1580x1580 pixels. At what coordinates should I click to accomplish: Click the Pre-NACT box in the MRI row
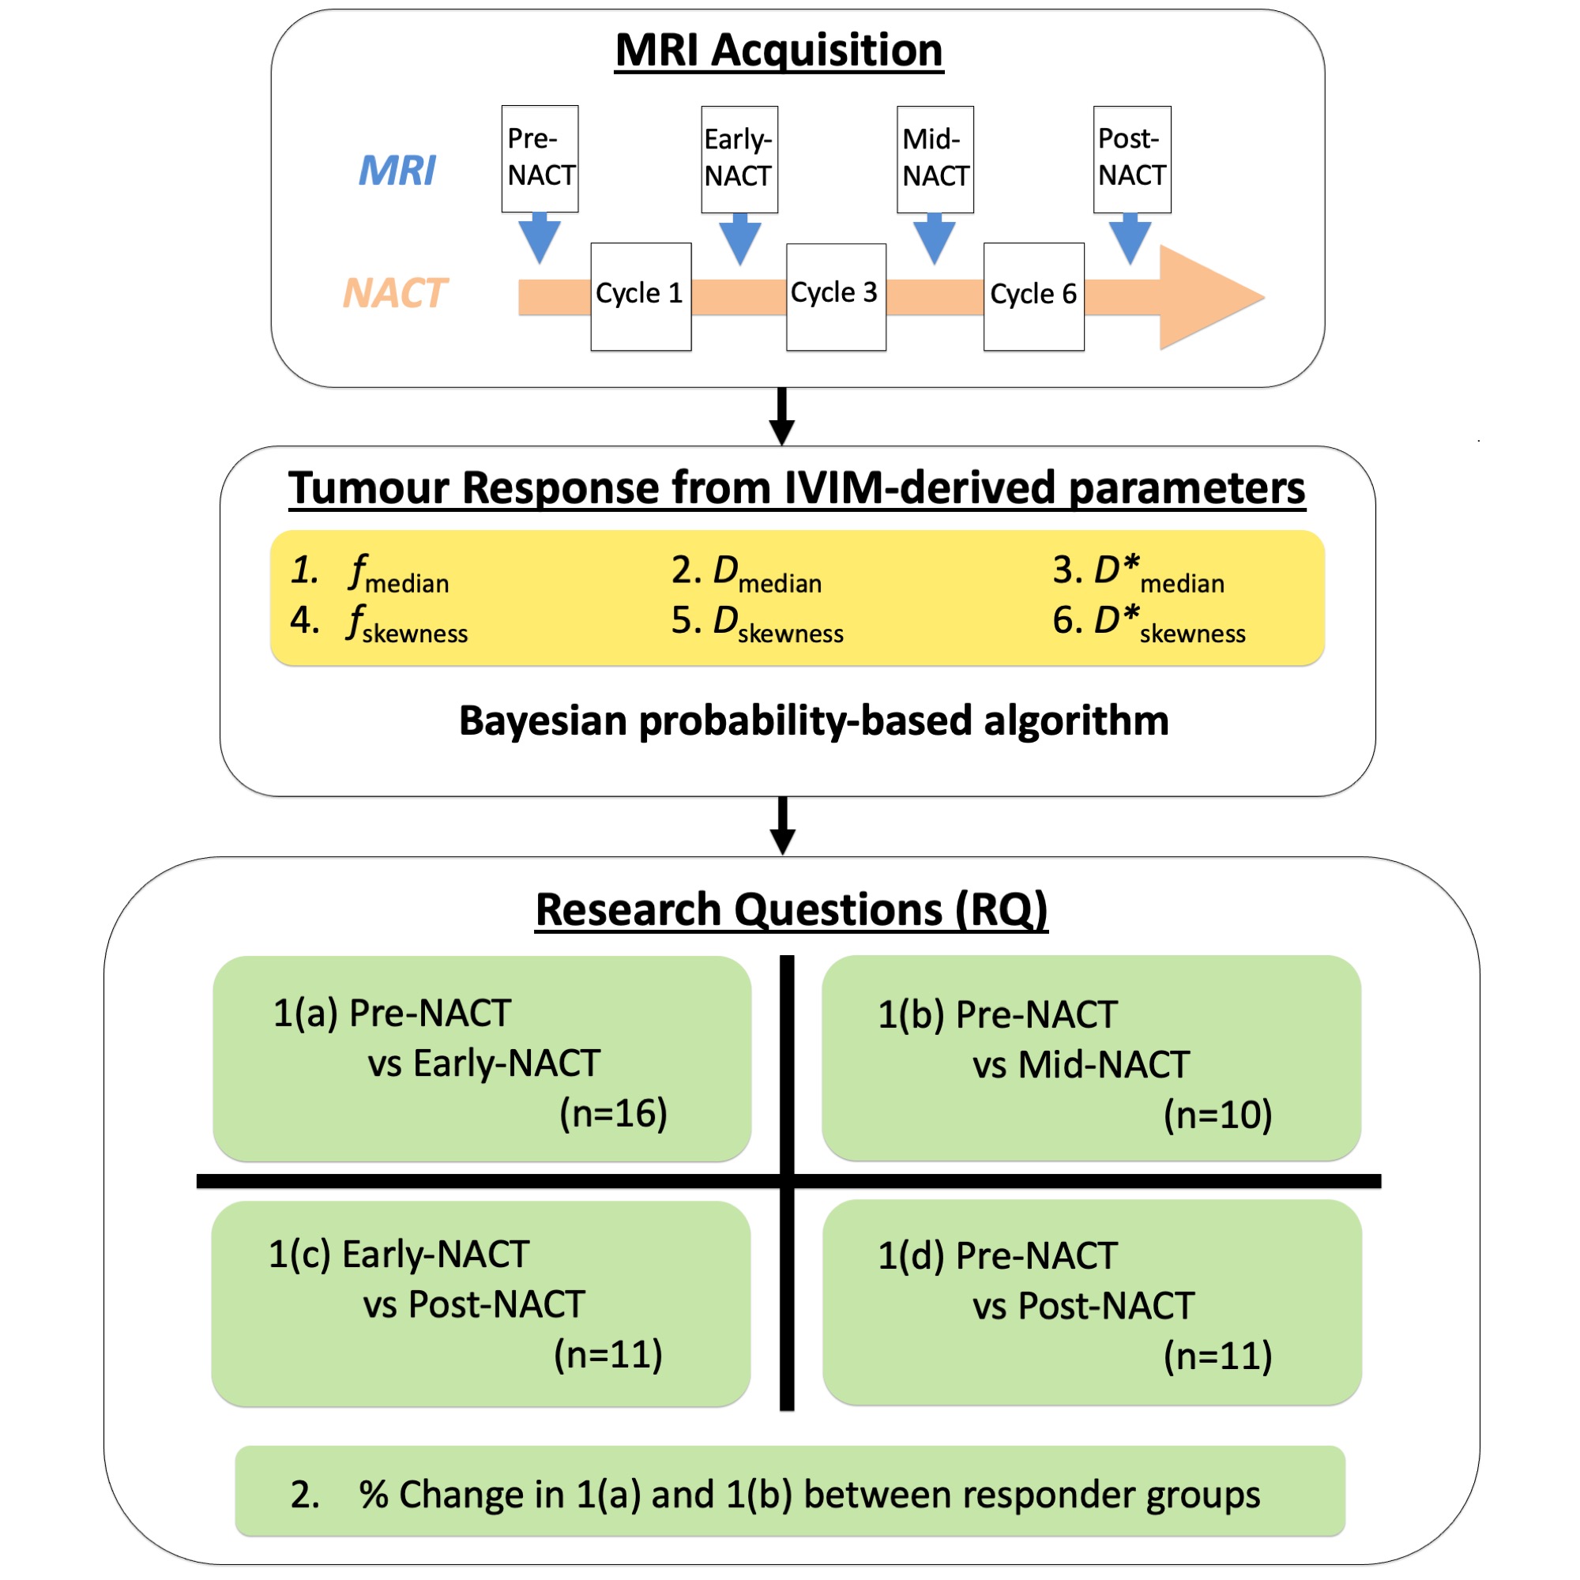pyautogui.click(x=540, y=158)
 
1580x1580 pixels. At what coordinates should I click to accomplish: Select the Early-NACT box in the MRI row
pyautogui.click(x=739, y=159)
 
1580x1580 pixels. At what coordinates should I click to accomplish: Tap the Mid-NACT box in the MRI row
pyautogui.click(x=935, y=159)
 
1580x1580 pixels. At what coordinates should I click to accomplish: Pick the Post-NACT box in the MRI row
pyautogui.click(x=1132, y=159)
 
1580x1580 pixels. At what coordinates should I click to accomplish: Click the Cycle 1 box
pyautogui.click(x=641, y=296)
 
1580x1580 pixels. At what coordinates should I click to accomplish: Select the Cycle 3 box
pyautogui.click(x=836, y=296)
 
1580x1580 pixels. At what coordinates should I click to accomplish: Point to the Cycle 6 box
pyautogui.click(x=1033, y=296)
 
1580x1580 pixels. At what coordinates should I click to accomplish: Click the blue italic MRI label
pyautogui.click(x=397, y=171)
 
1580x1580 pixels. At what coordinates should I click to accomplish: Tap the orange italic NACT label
pyautogui.click(x=395, y=293)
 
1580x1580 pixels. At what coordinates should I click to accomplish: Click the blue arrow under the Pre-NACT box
pyautogui.click(x=540, y=236)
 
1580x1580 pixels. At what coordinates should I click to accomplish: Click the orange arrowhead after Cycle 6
pyautogui.click(x=1209, y=297)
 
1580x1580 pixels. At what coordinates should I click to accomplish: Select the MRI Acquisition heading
pyautogui.click(x=779, y=51)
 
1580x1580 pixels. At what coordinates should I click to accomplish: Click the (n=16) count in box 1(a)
pyautogui.click(x=613, y=1113)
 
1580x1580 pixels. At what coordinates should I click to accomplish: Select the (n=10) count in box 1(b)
pyautogui.click(x=1217, y=1115)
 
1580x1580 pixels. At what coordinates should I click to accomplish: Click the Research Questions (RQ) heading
pyautogui.click(x=791, y=909)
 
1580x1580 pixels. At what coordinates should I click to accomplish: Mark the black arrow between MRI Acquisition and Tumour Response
pyautogui.click(x=782, y=416)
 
